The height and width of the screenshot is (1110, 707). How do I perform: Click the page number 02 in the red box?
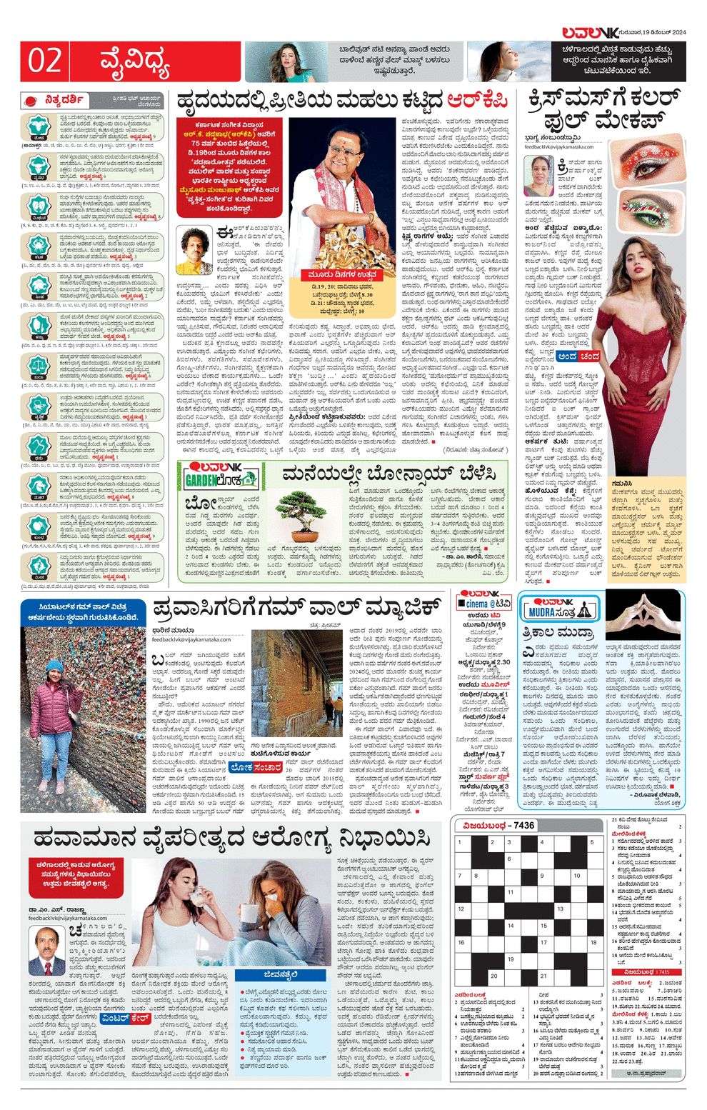(x=44, y=61)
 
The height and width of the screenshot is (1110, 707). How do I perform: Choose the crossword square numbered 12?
(x=462, y=909)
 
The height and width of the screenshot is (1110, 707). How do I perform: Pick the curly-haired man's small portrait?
(x=195, y=251)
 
